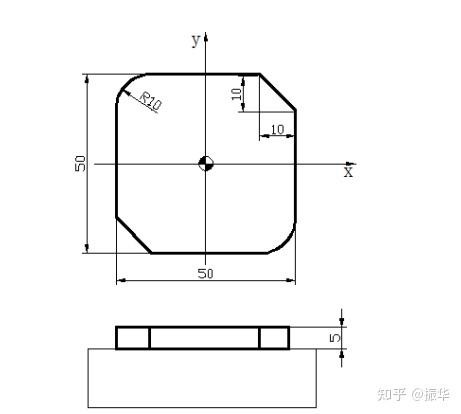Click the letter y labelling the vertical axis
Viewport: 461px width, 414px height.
coord(196,40)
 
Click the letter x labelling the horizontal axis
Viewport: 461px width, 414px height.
coord(348,172)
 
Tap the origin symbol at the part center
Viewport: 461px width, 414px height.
coord(205,163)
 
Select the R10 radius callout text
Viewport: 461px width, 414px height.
coord(150,101)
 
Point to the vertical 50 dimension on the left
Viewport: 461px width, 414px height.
coord(80,163)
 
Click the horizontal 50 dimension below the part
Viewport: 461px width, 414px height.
coord(205,272)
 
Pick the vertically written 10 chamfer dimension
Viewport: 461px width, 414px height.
coord(236,93)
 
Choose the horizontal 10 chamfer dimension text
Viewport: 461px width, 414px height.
coord(277,128)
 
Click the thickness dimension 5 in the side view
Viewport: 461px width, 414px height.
coord(336,338)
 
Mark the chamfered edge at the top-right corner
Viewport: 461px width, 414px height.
coord(278,92)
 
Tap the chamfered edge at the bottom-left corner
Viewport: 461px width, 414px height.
coord(134,235)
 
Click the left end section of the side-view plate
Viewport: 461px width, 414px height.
coord(133,338)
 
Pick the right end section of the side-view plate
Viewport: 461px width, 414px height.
coord(275,338)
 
